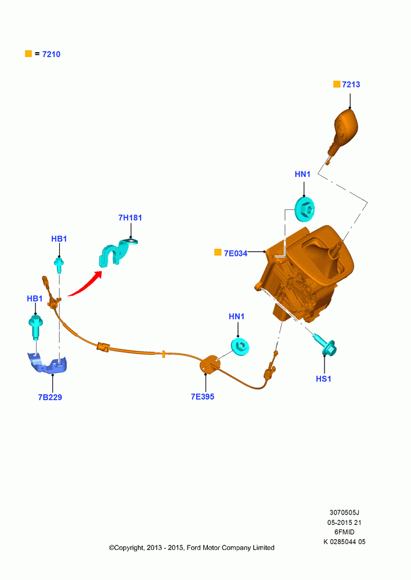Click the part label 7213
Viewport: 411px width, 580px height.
[351, 84]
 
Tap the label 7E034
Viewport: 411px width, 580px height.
[236, 253]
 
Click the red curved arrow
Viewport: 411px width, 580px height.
[85, 284]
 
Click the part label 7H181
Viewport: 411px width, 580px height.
[130, 217]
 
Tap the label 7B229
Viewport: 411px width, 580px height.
[50, 397]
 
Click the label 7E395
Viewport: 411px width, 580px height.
[203, 397]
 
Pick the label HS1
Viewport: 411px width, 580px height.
[323, 379]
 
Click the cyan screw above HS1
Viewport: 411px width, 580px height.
[325, 345]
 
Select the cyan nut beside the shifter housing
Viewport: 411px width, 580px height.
[305, 209]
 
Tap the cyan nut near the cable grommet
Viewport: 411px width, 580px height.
[240, 346]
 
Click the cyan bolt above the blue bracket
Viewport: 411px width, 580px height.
[35, 326]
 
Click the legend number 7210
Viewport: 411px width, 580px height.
[51, 54]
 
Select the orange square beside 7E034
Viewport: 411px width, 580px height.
[218, 252]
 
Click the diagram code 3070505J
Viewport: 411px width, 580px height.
[344, 513]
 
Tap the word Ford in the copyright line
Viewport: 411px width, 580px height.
[194, 548]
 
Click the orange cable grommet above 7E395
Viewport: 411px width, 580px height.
[210, 364]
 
